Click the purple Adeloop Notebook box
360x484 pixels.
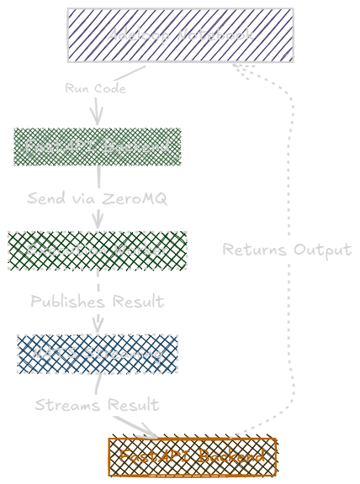[180, 35]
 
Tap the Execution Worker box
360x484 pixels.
[97, 250]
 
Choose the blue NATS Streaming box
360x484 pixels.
[97, 354]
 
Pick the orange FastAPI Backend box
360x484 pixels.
[192, 456]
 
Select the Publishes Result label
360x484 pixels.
[97, 301]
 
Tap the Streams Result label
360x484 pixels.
[97, 405]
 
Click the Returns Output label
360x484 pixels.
[287, 250]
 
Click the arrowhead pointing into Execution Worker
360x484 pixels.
[98, 223]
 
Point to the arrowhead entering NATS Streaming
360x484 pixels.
[98, 326]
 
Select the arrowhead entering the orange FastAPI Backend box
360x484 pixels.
[150, 432]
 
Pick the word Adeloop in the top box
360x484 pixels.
[138, 35]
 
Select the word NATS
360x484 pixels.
[50, 354]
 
